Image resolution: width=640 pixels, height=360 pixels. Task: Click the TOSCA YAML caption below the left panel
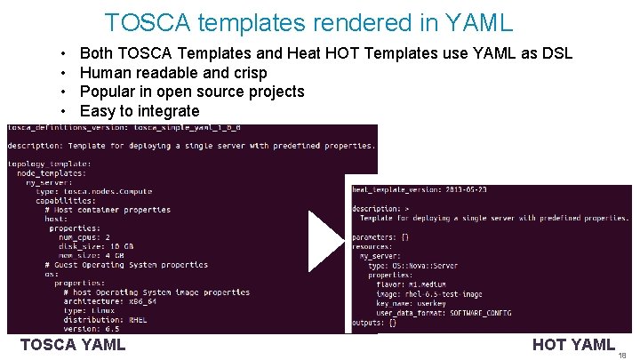pos(73,345)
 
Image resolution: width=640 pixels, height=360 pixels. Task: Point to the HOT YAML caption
pos(573,345)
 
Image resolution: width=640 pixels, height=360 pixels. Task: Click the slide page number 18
pos(622,354)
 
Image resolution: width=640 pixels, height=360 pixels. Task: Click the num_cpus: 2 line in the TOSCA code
pos(84,237)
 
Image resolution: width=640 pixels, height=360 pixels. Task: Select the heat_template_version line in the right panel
pos(419,189)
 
